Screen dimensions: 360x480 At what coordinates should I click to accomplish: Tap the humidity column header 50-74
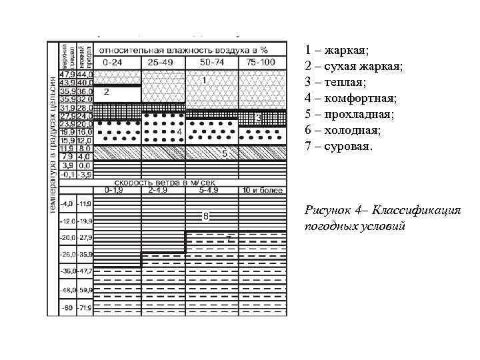tap(211, 62)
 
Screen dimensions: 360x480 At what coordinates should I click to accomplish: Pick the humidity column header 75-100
tap(261, 62)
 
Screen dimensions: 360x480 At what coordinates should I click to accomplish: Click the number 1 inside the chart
tap(204, 79)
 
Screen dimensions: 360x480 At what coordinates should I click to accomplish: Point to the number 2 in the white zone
tap(107, 91)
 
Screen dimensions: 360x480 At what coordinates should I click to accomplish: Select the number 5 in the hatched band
tap(225, 153)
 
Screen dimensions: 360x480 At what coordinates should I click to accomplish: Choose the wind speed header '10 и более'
tap(263, 190)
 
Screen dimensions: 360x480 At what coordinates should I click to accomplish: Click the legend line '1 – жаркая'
tap(336, 51)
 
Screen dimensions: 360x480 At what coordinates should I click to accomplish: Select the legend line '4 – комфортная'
tap(350, 99)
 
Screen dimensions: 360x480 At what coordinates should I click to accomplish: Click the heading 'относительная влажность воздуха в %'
tap(183, 49)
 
